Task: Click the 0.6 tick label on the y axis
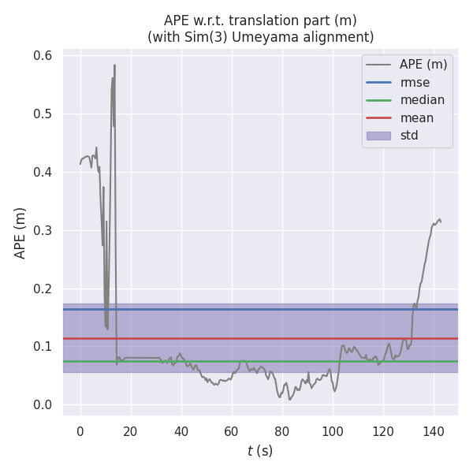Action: click(x=43, y=56)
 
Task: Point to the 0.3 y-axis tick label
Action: click(x=43, y=230)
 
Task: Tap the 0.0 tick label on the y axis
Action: click(x=43, y=405)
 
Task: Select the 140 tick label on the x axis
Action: click(x=433, y=430)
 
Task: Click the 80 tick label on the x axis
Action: click(x=281, y=430)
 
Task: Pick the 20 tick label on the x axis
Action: click(x=130, y=430)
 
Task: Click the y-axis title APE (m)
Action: click(x=20, y=233)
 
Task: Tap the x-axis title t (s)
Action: click(x=260, y=451)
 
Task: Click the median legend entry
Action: click(x=423, y=100)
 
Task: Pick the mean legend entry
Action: click(x=417, y=117)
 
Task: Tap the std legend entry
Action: click(x=409, y=136)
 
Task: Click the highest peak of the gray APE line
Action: click(x=114, y=65)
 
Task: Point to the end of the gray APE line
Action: click(x=441, y=222)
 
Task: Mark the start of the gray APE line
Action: click(x=80, y=164)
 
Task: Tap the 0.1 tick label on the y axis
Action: click(x=43, y=347)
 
